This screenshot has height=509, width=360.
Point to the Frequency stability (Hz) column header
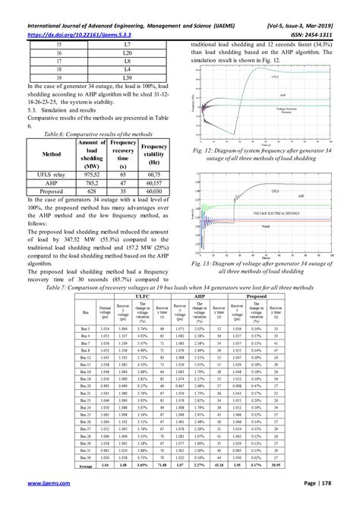[154, 151]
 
